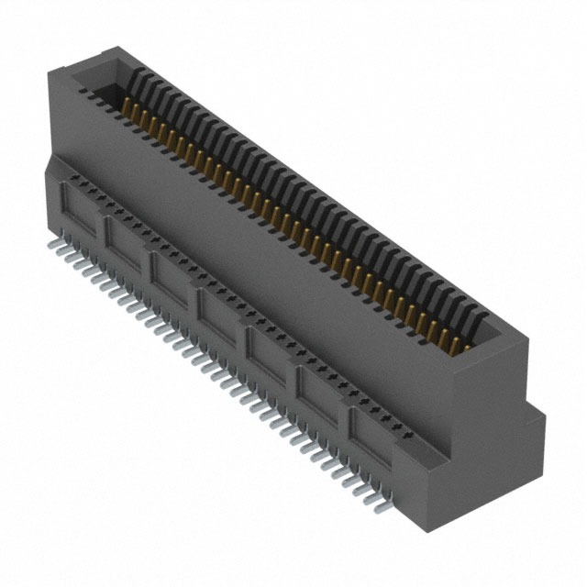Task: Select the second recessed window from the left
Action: pos(124,241)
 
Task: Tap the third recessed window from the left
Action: pos(171,274)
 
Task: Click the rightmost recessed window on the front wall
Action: pos(368,423)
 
